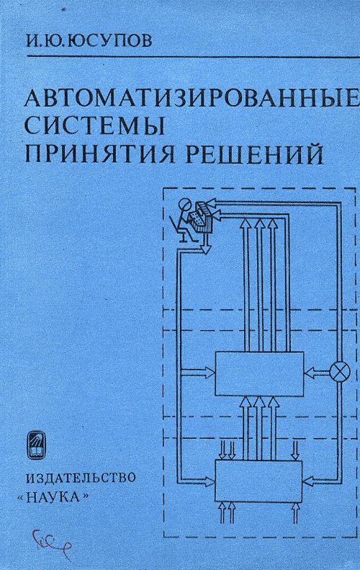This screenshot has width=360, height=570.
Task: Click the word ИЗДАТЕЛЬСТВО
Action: coord(81,477)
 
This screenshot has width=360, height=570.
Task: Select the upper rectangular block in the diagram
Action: coord(259,374)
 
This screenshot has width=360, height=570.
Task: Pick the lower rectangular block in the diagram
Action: coord(258,481)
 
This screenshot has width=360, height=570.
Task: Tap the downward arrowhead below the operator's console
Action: coord(206,249)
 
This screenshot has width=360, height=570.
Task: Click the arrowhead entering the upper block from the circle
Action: coord(310,373)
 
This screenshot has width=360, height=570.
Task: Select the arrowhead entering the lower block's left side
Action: coord(210,481)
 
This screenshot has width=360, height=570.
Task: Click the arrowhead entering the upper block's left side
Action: coord(210,372)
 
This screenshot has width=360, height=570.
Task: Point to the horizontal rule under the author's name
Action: coord(193,57)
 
